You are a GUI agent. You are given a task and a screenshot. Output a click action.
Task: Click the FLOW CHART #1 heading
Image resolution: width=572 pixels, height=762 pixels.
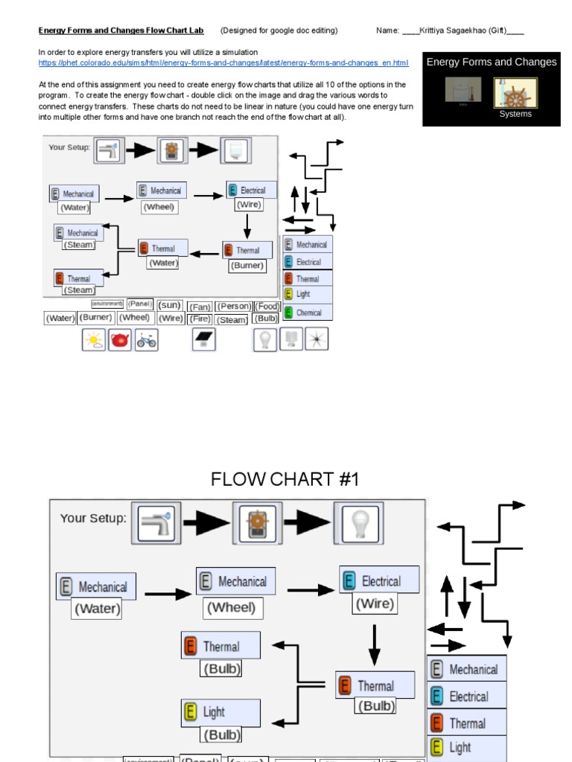[285, 479]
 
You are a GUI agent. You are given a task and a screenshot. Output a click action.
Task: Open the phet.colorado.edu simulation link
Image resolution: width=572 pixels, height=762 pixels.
[223, 63]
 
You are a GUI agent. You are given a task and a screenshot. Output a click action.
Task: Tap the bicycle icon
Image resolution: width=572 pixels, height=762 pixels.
[146, 341]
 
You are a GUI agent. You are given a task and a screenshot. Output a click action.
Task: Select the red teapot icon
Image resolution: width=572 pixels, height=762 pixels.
[120, 341]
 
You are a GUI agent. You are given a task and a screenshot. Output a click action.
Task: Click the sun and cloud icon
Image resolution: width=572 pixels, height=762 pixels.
[94, 341]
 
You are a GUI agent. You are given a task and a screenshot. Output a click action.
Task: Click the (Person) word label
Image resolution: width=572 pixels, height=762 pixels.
[234, 307]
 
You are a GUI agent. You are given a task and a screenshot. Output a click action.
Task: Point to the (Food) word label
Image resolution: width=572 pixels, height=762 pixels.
[267, 306]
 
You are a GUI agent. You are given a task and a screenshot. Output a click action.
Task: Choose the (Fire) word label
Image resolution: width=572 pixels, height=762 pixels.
[200, 318]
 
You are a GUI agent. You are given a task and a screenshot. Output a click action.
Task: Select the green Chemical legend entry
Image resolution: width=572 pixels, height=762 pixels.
[308, 313]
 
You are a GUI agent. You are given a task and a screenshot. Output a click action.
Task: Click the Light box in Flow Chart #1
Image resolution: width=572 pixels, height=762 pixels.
[221, 712]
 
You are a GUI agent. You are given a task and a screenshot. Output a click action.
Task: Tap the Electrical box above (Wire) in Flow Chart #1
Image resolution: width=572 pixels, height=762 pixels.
[380, 580]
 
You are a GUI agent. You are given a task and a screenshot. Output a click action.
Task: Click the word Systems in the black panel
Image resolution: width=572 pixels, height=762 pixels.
[515, 114]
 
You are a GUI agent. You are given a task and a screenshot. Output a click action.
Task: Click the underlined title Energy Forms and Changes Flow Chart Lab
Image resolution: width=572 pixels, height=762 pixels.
[124, 31]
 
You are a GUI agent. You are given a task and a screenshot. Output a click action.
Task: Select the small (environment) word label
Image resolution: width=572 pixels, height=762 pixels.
[107, 304]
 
